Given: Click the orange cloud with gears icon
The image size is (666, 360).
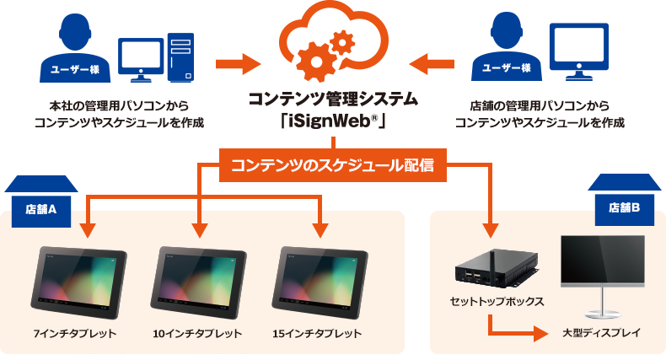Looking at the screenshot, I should tap(333, 47).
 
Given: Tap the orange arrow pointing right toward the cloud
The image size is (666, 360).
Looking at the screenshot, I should tap(239, 62).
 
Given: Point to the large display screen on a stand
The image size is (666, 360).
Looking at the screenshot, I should tap(602, 266).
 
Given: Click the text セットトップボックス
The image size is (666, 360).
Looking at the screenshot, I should tap(497, 301).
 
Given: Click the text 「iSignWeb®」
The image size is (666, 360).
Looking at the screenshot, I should tap(333, 121).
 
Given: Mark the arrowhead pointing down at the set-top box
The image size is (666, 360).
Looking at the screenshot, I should tap(491, 228).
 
